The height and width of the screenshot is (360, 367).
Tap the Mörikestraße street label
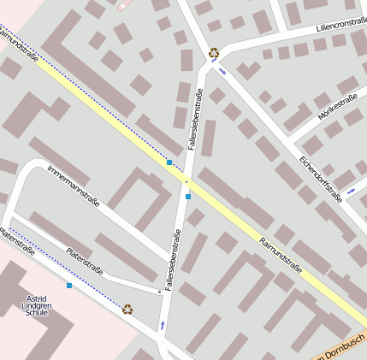click(x=337, y=109)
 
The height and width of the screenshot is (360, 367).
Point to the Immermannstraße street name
click(x=74, y=185)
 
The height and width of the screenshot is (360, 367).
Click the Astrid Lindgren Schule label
click(x=37, y=305)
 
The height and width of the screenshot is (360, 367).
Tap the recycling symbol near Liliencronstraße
click(x=213, y=53)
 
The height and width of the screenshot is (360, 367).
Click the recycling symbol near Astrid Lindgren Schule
click(x=127, y=309)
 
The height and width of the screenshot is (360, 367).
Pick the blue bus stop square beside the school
click(x=69, y=285)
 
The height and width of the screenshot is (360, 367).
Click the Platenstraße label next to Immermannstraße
click(x=85, y=262)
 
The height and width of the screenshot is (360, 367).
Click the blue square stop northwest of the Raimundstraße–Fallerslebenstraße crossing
click(x=169, y=162)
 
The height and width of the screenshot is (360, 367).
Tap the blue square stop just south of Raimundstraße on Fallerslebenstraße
click(x=188, y=197)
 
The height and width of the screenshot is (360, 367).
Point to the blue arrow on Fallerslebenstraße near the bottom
click(x=163, y=325)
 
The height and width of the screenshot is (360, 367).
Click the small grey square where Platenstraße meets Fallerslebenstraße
click(x=160, y=292)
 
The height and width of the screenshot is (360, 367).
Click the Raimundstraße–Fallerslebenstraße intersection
click(x=185, y=180)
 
